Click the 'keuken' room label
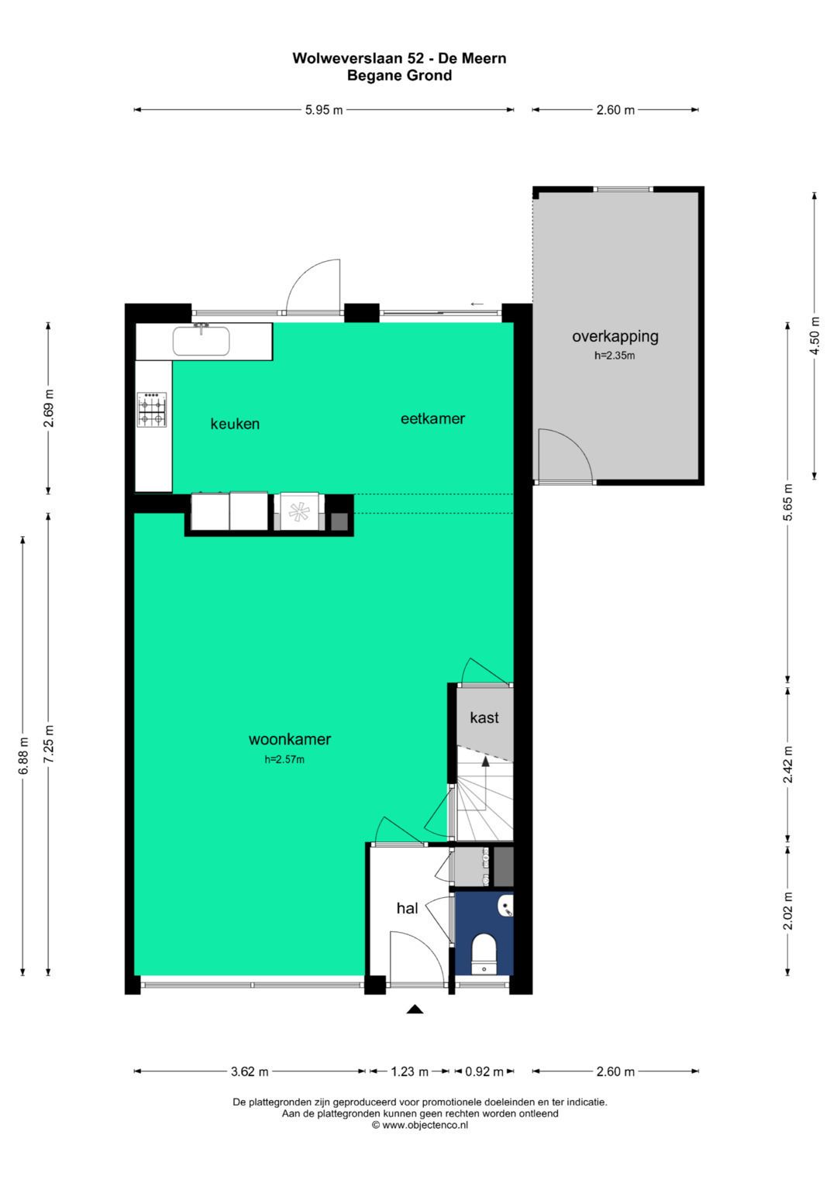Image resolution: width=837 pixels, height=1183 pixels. click(235, 424)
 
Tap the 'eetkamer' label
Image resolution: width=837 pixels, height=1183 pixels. click(432, 419)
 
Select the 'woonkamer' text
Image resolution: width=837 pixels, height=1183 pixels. click(290, 739)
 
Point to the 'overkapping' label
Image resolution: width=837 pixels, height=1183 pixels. click(615, 337)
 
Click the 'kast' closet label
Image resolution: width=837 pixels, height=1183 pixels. click(484, 717)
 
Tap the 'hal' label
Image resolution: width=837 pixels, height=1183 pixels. click(407, 908)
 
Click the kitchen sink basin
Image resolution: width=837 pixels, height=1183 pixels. click(201, 341)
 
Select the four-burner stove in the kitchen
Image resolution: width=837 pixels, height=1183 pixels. click(152, 409)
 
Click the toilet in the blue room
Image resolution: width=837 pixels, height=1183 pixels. click(484, 954)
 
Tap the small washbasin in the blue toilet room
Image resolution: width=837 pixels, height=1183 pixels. click(505, 906)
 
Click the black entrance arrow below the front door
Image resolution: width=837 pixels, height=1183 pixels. click(415, 1009)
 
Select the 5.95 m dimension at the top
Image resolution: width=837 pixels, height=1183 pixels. click(324, 110)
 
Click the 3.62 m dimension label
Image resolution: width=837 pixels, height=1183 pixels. click(250, 1071)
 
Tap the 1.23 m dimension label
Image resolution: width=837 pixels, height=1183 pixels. click(409, 1071)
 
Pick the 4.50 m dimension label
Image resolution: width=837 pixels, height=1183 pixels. click(815, 336)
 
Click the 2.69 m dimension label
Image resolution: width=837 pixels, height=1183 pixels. click(49, 408)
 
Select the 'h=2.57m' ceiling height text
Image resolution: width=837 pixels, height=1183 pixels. click(284, 760)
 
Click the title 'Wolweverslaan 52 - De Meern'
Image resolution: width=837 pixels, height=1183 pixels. click(399, 58)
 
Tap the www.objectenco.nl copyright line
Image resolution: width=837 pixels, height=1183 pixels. click(420, 1125)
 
